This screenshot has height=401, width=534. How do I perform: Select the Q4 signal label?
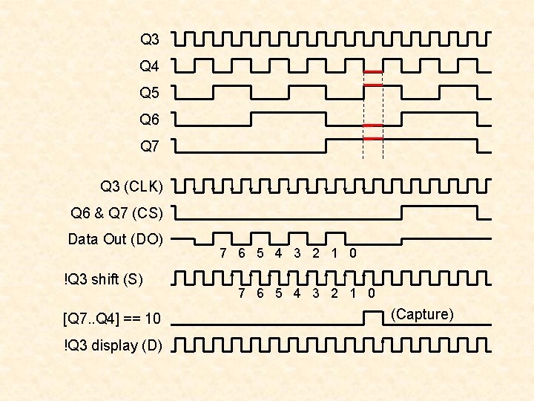[x=149, y=67]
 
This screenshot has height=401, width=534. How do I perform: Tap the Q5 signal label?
[x=149, y=94]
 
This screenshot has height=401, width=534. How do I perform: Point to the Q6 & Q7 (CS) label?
[x=116, y=214]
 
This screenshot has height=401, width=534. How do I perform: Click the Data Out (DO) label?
[x=115, y=240]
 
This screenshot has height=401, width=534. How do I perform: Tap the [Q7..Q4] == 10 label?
[x=113, y=319]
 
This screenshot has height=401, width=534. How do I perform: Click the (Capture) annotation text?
[x=422, y=315]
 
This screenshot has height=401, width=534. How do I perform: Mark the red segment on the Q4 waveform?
[x=373, y=71]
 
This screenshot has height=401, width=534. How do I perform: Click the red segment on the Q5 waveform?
[x=373, y=85]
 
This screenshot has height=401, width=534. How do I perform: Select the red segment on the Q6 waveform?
[x=373, y=125]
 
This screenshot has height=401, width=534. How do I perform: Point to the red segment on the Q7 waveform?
[x=373, y=139]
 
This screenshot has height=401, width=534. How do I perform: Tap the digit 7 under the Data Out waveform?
[x=223, y=253]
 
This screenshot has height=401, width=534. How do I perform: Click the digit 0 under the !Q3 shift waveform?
[x=372, y=293]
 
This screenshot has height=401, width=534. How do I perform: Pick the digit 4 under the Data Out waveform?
[x=278, y=253]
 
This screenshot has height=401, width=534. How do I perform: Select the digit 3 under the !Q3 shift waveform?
[x=316, y=293]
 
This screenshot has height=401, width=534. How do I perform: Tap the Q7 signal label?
[x=149, y=146]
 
